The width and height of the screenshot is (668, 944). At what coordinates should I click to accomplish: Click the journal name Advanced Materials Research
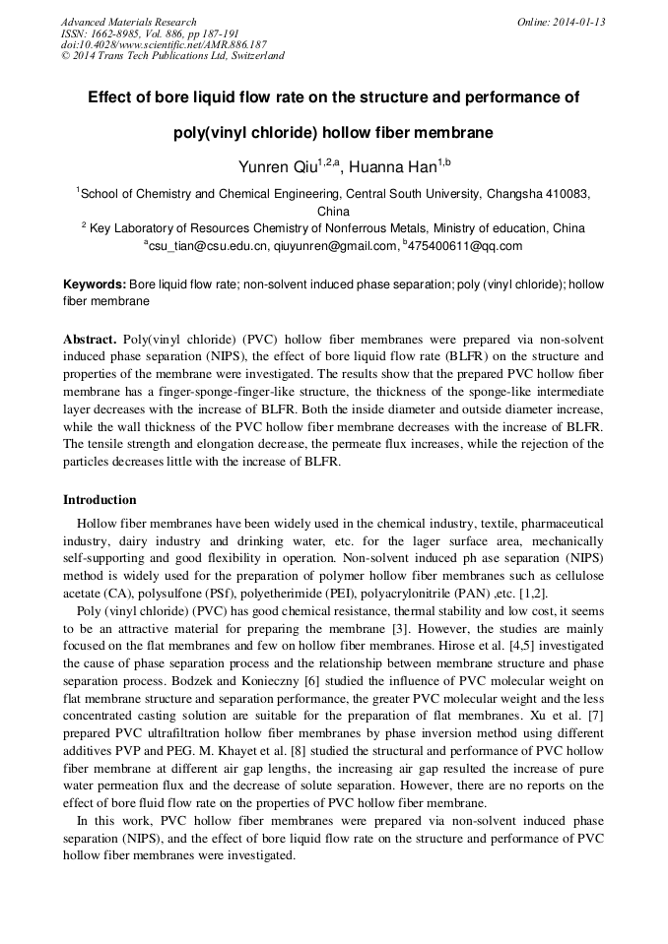tap(129, 22)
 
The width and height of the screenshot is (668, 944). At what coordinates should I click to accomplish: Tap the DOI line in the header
tap(164, 44)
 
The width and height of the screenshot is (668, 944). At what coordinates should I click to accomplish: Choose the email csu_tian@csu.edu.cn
tap(206, 246)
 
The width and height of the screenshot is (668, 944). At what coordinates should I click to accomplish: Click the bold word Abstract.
tap(91, 339)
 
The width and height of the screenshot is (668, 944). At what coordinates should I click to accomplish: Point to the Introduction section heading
tap(100, 500)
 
